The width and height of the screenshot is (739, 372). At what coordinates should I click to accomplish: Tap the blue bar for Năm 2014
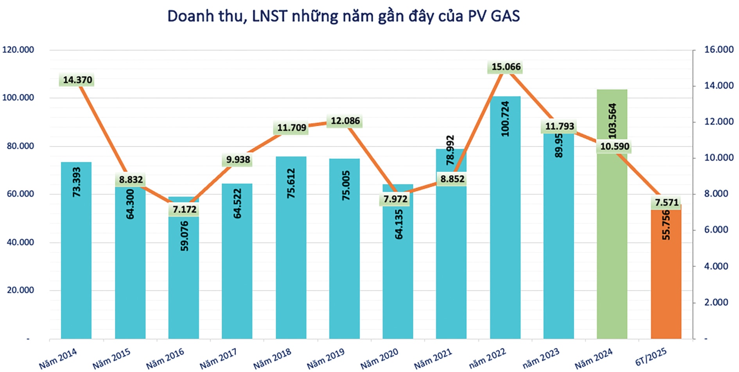76,266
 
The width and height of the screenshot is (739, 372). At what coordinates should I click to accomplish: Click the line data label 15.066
506,67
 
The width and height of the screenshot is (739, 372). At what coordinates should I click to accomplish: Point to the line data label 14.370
77,80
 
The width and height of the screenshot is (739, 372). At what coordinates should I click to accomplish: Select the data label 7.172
185,209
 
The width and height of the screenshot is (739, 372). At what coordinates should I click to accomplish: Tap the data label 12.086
345,121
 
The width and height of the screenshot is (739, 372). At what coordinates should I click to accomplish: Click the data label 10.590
615,147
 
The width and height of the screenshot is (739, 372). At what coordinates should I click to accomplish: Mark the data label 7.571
667,202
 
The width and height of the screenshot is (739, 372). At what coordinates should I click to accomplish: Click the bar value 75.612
291,183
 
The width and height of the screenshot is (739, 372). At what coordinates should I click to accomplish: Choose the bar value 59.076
185,236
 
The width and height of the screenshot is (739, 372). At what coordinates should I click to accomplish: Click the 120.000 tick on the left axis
18,50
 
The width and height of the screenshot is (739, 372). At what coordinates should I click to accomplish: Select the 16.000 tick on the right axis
719,50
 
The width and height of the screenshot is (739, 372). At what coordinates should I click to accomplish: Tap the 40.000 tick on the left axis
20,242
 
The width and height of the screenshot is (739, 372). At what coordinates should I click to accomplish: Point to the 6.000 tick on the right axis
716,230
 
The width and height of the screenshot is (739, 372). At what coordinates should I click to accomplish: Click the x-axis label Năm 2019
325,359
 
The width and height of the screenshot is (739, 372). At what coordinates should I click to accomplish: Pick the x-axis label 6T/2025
651,357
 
